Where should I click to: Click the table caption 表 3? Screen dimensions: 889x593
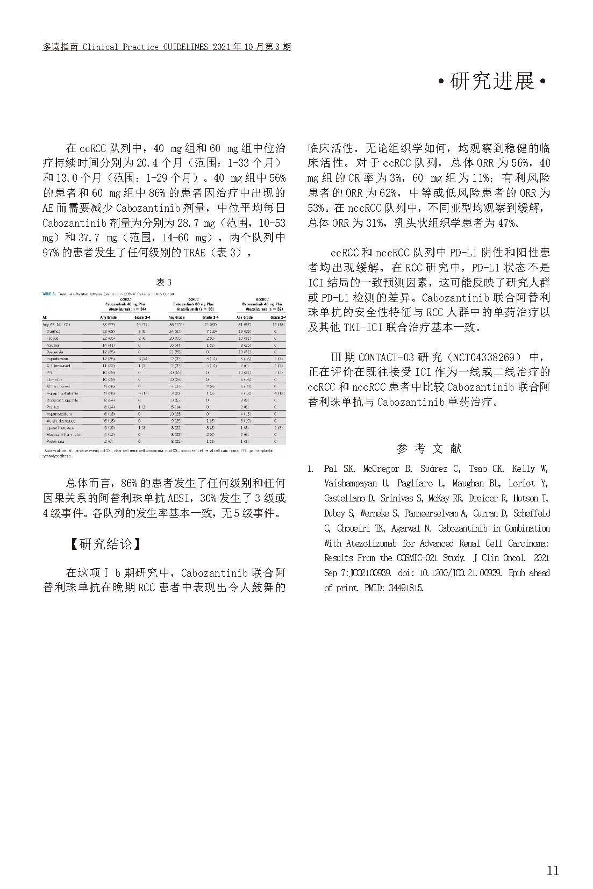click(x=163, y=282)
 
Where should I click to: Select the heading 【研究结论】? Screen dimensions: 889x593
click(x=105, y=544)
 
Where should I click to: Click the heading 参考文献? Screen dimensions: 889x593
click(x=428, y=448)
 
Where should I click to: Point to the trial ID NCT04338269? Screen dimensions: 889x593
click(x=484, y=357)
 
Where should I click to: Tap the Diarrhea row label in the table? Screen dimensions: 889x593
click(x=53, y=332)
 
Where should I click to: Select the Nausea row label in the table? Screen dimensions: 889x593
click(x=53, y=345)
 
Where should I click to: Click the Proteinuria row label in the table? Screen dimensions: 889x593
click(x=55, y=441)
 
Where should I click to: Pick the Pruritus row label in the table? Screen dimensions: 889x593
click(x=53, y=407)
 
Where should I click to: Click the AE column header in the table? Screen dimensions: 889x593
click(x=45, y=318)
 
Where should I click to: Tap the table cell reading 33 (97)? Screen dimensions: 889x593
click(x=108, y=325)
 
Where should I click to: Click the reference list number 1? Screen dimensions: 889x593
click(x=310, y=469)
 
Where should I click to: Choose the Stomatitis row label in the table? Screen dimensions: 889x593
click(x=54, y=379)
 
